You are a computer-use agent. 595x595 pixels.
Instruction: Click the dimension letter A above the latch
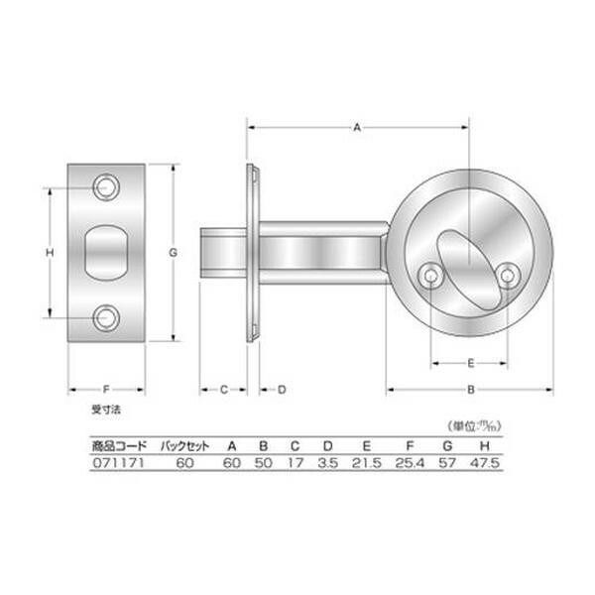357,127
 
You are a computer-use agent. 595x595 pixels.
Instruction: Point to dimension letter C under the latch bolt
225,389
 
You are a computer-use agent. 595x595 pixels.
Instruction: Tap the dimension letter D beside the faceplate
281,389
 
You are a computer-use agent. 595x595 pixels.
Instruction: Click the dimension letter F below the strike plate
106,389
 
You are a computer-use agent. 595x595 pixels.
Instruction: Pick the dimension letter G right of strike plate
173,254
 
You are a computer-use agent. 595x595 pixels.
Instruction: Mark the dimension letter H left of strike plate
50,254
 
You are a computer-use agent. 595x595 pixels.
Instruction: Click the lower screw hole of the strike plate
106,318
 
